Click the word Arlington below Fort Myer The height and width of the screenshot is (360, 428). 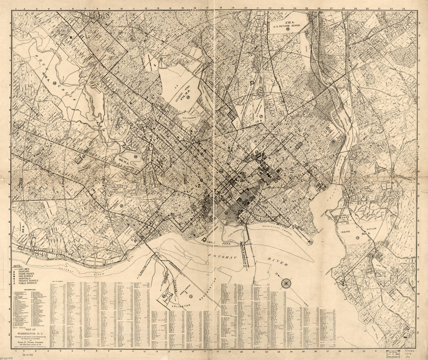coord(180,306)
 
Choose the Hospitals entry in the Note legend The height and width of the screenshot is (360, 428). coord(25,278)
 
